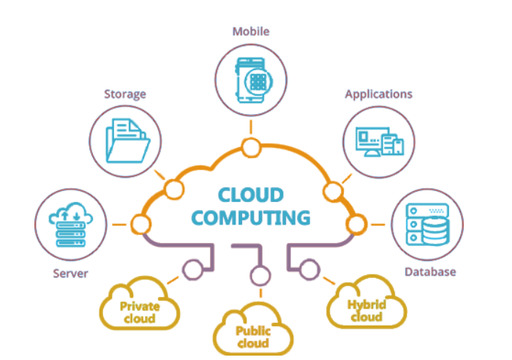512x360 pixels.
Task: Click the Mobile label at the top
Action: point(251,31)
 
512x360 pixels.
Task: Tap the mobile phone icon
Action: point(254,80)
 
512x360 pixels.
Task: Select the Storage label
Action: point(125,94)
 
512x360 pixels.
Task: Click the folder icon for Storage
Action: point(128,140)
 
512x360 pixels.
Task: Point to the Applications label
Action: point(379,94)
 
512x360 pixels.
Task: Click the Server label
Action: point(70,274)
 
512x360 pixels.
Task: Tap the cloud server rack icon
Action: point(71,225)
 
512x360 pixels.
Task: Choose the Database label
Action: point(430,271)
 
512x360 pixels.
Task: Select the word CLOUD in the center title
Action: point(251,195)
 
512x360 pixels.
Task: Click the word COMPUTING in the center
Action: point(251,218)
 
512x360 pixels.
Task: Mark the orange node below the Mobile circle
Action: point(251,148)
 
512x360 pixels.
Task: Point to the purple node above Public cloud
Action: point(260,275)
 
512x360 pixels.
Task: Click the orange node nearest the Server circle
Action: point(140,225)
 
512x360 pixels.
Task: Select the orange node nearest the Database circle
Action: point(356,225)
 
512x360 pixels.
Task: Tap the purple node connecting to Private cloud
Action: point(192,270)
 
